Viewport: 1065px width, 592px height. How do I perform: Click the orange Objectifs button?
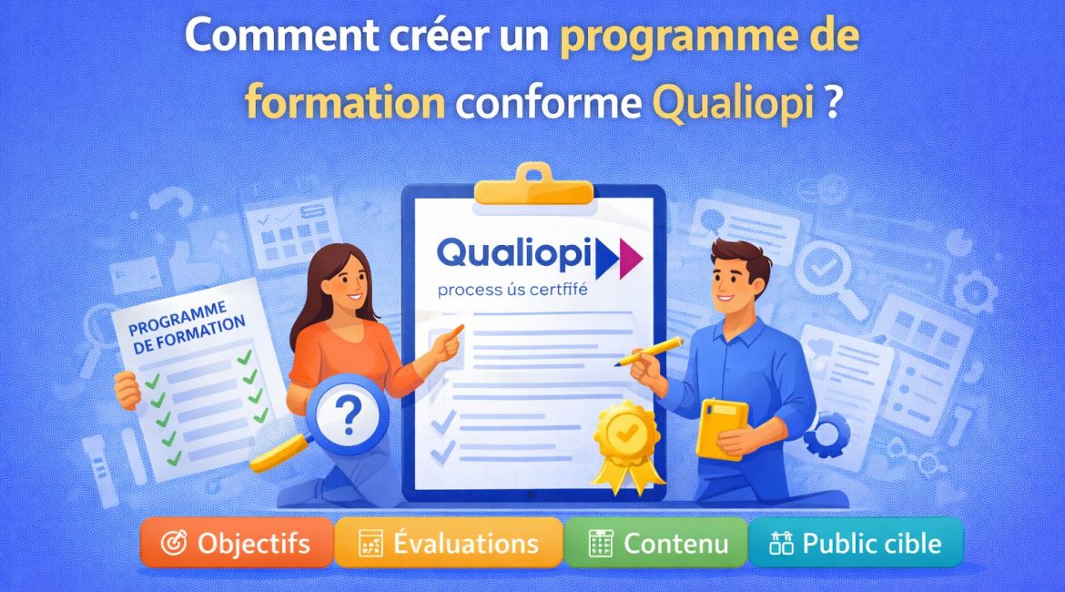point(236,544)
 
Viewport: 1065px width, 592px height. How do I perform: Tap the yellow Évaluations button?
point(448,544)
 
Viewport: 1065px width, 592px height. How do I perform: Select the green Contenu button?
point(656,544)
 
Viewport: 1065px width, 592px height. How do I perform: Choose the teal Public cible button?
point(855,544)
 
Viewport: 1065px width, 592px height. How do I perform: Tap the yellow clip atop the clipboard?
point(534,186)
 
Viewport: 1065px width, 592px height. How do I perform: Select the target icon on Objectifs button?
point(172,544)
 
